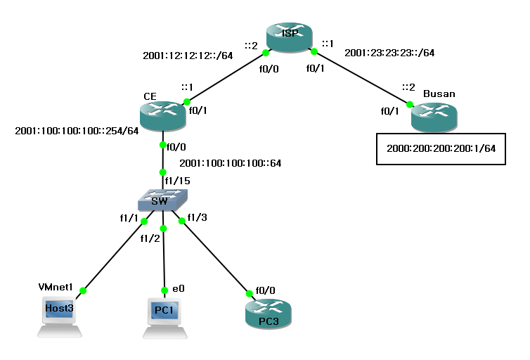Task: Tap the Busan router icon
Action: click(x=434, y=116)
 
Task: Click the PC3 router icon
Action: click(x=268, y=312)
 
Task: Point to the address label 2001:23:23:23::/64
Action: click(x=389, y=53)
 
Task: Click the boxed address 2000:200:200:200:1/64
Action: click(x=441, y=148)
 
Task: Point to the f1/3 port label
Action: click(x=198, y=217)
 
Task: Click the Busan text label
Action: click(x=439, y=94)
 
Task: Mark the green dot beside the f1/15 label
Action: click(x=163, y=172)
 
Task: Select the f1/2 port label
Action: click(x=150, y=238)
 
